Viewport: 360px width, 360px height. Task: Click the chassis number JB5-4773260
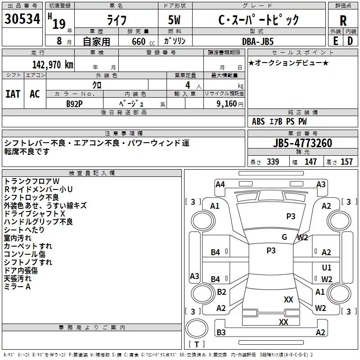tap(302, 144)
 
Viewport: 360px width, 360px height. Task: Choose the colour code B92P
tap(74, 103)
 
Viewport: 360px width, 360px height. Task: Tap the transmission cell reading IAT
tap(13, 94)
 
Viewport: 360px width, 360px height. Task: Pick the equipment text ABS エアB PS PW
tap(279, 121)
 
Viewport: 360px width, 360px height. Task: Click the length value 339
tap(273, 162)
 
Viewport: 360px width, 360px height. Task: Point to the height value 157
tap(346, 162)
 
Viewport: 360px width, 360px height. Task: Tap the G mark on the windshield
tap(284, 237)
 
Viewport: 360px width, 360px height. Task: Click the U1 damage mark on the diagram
tap(327, 268)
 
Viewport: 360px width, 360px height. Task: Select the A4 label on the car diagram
tap(220, 184)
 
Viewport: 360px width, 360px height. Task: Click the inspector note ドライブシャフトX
tap(35, 214)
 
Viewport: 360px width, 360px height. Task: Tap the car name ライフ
tap(117, 20)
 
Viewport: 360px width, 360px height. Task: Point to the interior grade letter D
tap(350, 41)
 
